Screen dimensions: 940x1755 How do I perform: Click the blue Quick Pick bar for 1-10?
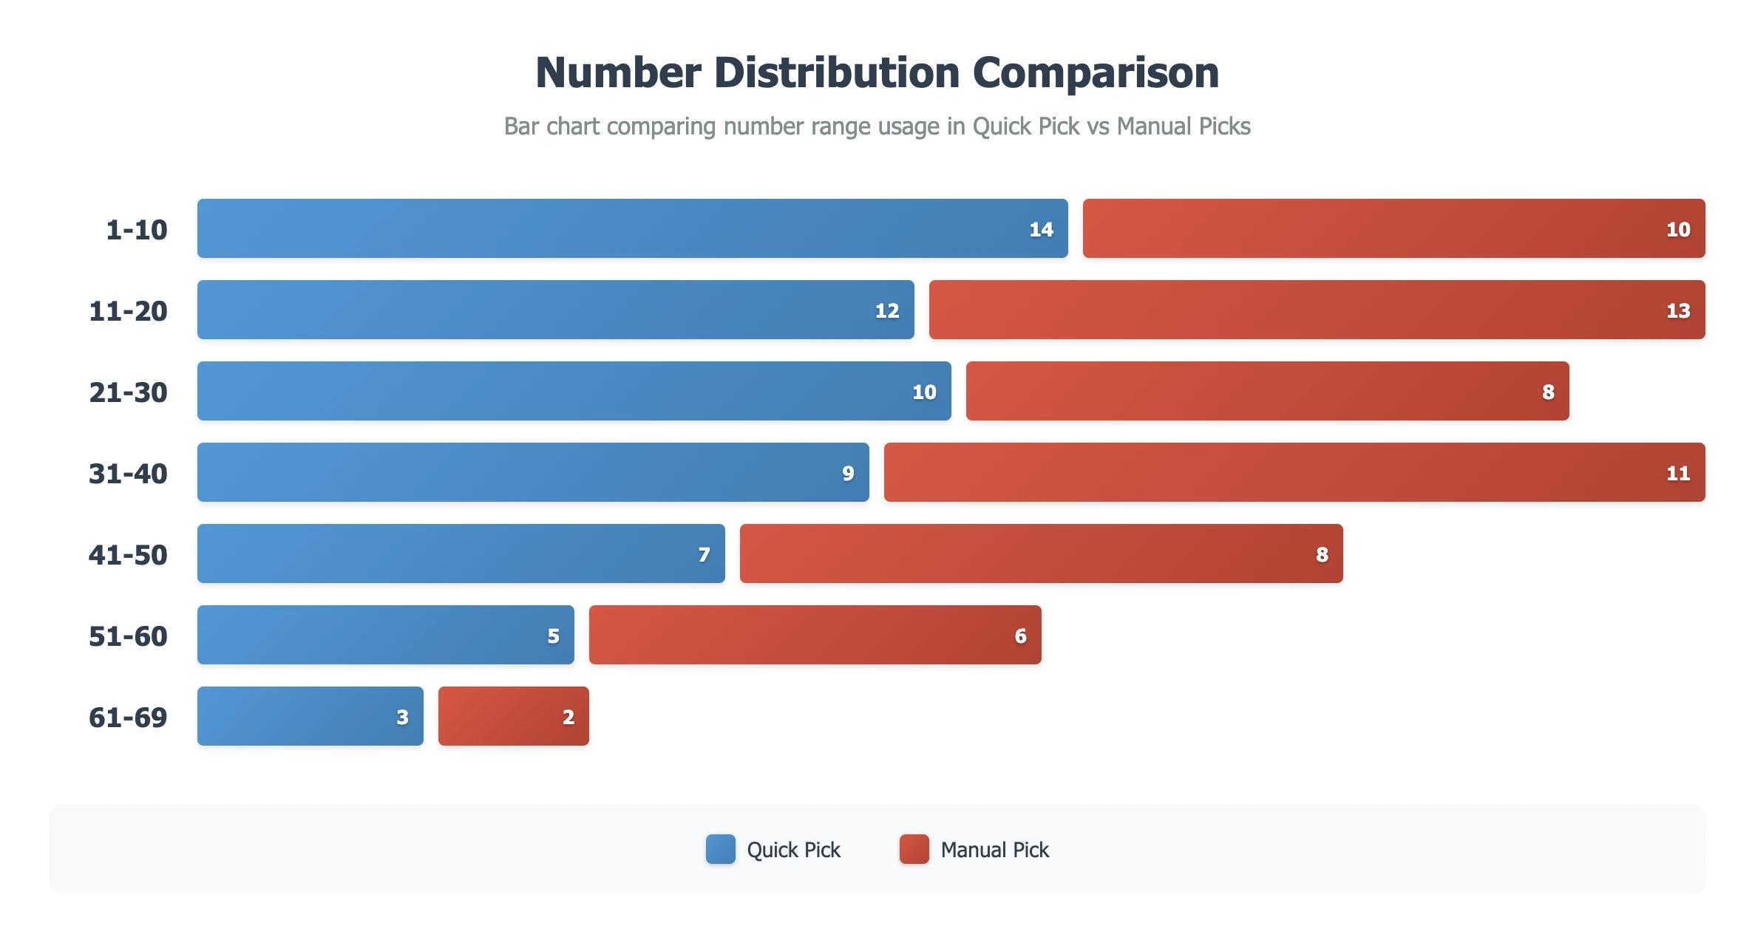[632, 228]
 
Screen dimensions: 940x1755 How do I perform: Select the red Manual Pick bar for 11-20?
[1316, 310]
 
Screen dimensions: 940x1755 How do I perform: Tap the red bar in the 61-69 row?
[513, 716]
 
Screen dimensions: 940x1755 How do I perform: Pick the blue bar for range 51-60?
[385, 635]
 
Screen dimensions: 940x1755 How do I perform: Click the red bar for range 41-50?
[1041, 554]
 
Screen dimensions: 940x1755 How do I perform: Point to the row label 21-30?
[128, 392]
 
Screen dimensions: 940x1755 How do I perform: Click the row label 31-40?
[128, 473]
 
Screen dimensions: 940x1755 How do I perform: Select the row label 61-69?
[128, 717]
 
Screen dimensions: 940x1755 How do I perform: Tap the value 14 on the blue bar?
[1041, 229]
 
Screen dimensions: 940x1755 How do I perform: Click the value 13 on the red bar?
[1677, 310]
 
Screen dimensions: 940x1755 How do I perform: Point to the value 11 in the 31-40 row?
[1677, 473]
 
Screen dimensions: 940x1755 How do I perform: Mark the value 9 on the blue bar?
[848, 473]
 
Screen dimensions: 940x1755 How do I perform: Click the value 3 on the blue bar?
[402, 717]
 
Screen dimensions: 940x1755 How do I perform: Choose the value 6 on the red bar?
[1020, 636]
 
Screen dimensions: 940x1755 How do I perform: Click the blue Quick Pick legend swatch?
[720, 849]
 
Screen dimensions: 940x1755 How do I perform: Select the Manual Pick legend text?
[994, 850]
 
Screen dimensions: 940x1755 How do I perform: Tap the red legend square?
[914, 849]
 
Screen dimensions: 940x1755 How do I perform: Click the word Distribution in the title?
[836, 72]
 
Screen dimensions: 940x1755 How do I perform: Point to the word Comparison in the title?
[1096, 72]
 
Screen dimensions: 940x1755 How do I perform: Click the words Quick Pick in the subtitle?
[1026, 126]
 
